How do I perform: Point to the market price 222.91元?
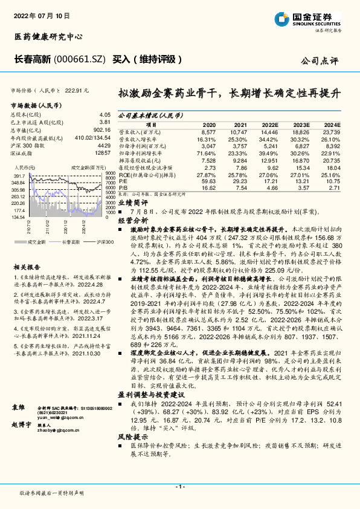click(x=76, y=90)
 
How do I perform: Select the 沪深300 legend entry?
click(x=104, y=241)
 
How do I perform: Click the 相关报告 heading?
click(x=27, y=266)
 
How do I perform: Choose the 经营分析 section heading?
click(x=132, y=222)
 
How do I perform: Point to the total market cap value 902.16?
click(x=102, y=129)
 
